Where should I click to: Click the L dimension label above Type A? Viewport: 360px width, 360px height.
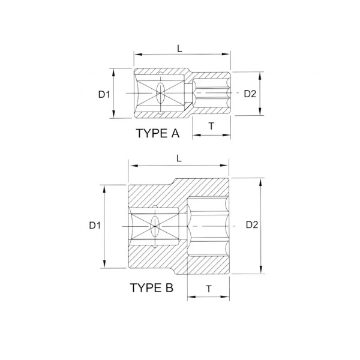[x=179, y=49]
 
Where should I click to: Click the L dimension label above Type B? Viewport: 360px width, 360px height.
[x=179, y=158]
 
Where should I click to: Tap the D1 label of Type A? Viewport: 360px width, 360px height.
[x=104, y=94]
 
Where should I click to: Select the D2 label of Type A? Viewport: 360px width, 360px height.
[x=250, y=94]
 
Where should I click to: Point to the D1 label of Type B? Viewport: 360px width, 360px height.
[x=95, y=226]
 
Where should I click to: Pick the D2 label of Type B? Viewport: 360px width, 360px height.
[x=252, y=225]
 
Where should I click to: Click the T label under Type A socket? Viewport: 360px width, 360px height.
[x=211, y=126]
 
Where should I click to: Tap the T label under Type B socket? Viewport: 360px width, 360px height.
[x=208, y=289]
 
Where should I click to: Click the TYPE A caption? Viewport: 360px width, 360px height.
[x=157, y=133]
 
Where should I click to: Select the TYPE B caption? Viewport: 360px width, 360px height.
[x=152, y=287]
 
